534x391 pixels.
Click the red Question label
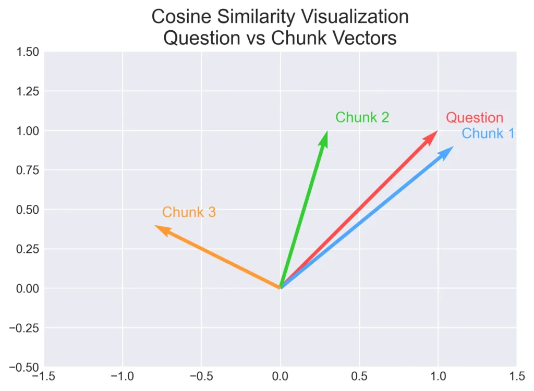click(x=475, y=118)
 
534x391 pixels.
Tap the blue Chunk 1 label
click(x=488, y=133)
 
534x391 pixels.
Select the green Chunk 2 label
click(x=362, y=117)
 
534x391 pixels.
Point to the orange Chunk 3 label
click(x=189, y=212)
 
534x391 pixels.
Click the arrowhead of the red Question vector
click(x=434, y=133)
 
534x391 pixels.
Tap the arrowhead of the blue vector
click(x=450, y=150)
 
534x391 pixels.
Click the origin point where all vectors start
click(x=281, y=288)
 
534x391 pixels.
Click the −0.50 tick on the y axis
click(x=24, y=367)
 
